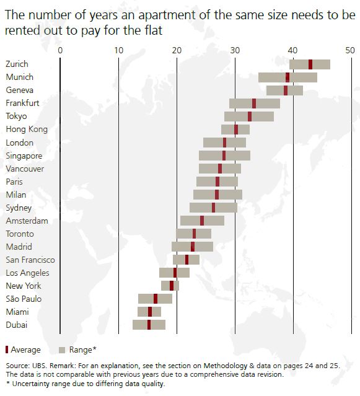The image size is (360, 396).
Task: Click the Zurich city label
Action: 16,64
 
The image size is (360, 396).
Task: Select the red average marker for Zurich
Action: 310,64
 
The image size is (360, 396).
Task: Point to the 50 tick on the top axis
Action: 350,50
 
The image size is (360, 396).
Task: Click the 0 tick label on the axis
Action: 60,50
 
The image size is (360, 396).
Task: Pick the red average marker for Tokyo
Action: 250,117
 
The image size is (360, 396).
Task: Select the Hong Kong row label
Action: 24,130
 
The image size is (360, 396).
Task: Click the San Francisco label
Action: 30,260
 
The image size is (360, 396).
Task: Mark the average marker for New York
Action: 172,286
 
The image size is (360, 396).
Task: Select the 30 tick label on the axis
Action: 234,50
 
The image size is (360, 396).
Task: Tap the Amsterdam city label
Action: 23,221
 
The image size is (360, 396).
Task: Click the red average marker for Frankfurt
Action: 254,103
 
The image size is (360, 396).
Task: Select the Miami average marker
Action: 150,312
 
